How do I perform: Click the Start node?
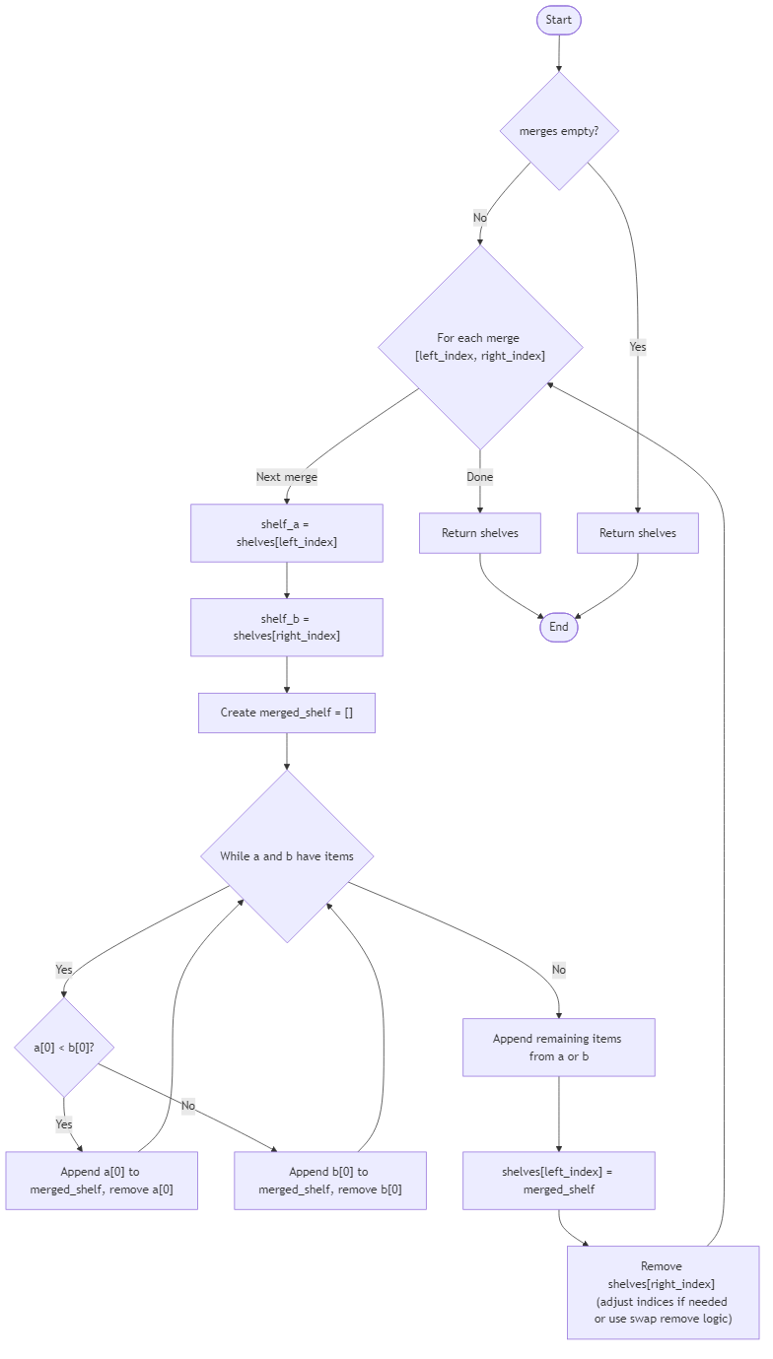(x=558, y=20)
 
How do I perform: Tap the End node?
(x=558, y=627)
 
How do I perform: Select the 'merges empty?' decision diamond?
(x=559, y=131)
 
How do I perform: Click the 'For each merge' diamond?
(x=480, y=347)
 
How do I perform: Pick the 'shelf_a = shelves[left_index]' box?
(x=287, y=533)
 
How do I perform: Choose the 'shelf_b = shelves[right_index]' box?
(x=287, y=628)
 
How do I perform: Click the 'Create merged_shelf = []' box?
(x=287, y=713)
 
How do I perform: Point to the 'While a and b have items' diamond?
(x=287, y=856)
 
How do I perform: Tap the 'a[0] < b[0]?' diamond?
(x=64, y=1047)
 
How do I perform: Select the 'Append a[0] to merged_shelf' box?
(x=102, y=1181)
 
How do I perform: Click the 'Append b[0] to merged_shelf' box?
(x=330, y=1181)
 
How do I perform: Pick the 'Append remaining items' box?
(x=558, y=1048)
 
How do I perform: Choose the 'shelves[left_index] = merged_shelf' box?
(x=558, y=1181)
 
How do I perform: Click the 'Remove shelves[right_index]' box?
(x=663, y=1292)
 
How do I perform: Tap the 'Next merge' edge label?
(x=287, y=477)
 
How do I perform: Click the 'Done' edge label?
(x=480, y=477)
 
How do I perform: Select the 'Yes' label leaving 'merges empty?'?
(x=638, y=347)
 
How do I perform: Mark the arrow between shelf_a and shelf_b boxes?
(x=287, y=581)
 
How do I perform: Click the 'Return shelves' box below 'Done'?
(x=480, y=533)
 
